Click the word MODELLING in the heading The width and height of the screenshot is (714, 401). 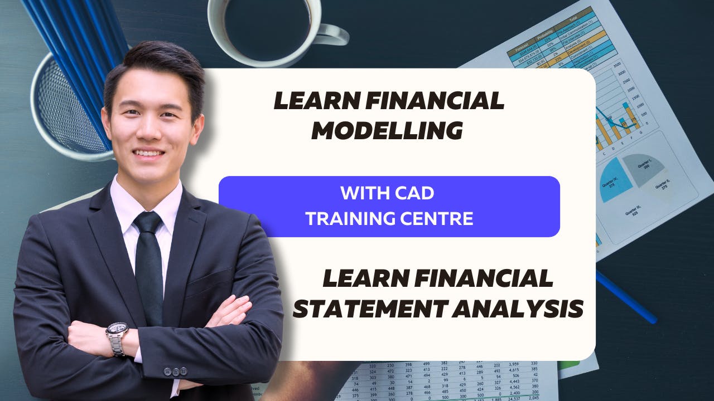[x=387, y=131]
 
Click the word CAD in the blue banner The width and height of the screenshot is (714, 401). [x=413, y=194]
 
